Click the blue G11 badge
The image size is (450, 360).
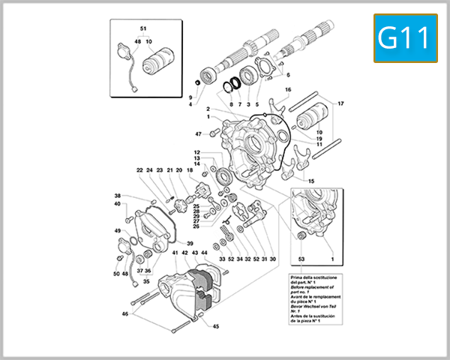405,38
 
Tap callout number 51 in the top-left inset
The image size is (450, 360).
144,28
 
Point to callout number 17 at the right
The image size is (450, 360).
340,103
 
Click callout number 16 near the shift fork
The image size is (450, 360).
286,90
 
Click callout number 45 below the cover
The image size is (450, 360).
215,326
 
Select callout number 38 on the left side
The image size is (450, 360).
117,195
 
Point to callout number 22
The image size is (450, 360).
139,170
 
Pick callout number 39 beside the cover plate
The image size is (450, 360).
190,244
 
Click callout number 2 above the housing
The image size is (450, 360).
208,109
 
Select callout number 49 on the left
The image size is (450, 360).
118,230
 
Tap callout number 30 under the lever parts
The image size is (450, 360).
273,259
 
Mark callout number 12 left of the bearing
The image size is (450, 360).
196,153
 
